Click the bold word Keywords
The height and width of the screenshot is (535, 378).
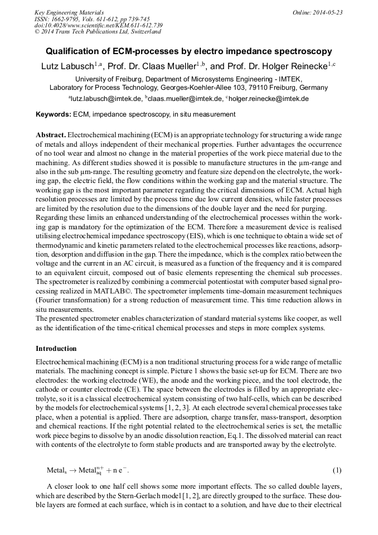[x=53, y=114]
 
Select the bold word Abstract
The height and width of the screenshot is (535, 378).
[x=51, y=136]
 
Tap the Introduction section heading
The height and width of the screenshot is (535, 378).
[x=56, y=349]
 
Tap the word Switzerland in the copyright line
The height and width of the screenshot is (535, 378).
[x=142, y=32]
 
